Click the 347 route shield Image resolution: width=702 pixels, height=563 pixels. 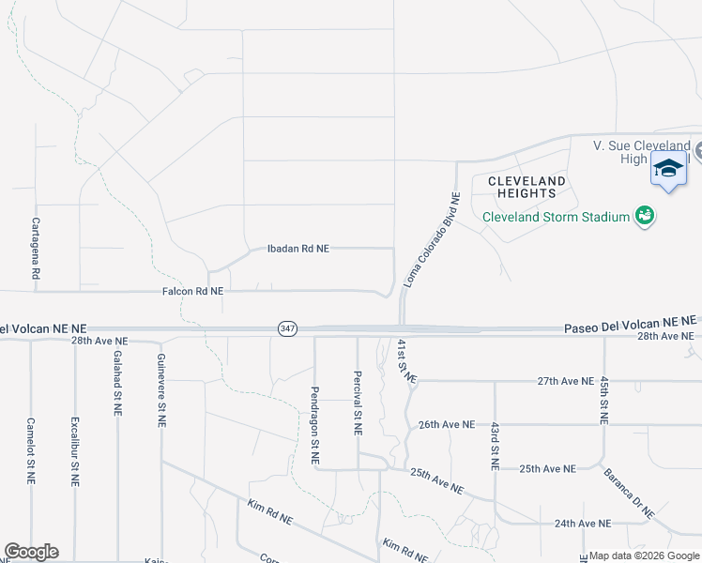287,328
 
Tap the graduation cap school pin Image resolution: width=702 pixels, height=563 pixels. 668,170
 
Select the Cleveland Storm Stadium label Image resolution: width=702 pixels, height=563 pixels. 556,217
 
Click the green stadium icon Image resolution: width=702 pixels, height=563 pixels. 644,217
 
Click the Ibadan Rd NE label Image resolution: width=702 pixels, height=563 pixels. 298,249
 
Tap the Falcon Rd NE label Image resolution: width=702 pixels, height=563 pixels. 191,292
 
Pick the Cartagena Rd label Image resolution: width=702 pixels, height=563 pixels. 36,248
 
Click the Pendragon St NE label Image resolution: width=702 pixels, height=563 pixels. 315,425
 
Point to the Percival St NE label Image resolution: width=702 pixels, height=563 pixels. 358,401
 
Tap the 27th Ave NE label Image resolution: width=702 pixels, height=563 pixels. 565,382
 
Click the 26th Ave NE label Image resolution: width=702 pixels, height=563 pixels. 446,424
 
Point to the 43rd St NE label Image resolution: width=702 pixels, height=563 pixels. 495,446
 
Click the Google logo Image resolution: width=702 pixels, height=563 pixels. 31,552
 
